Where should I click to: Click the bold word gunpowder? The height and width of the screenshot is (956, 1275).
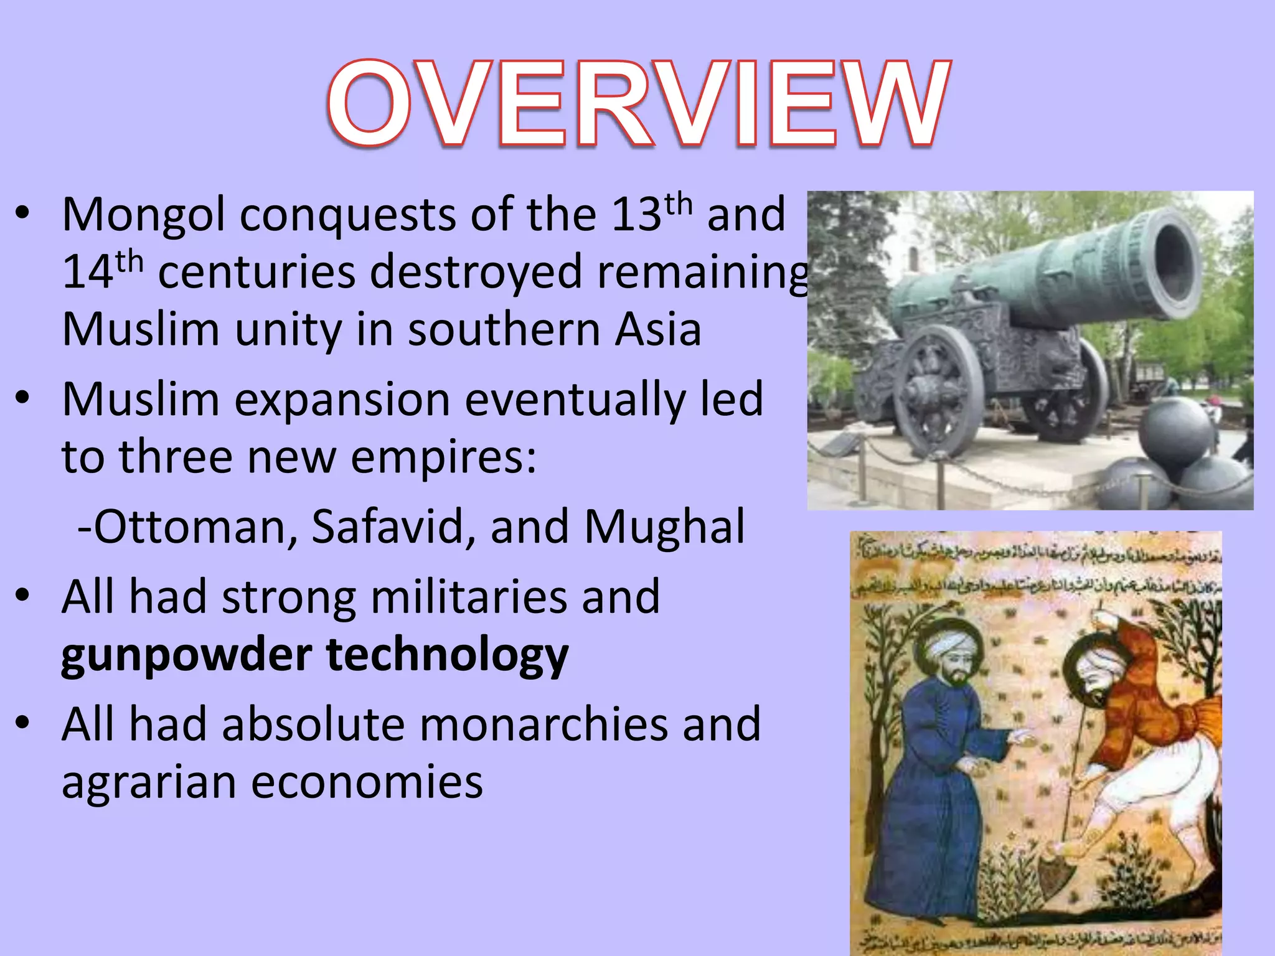[x=187, y=656]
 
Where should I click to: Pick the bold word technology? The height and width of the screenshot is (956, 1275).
[x=447, y=656]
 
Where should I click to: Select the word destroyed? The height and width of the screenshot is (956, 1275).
[x=476, y=273]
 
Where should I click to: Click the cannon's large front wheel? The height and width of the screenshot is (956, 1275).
[x=934, y=392]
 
